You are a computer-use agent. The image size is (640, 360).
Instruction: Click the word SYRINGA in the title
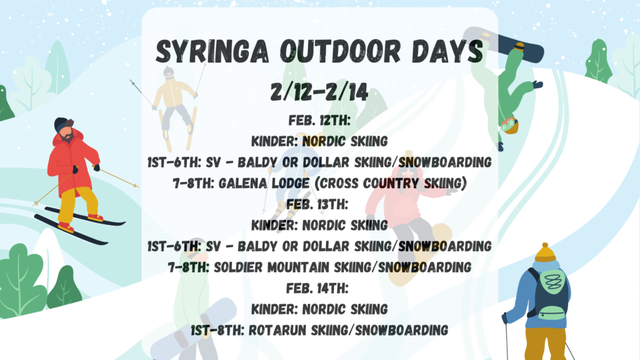[x=212, y=52]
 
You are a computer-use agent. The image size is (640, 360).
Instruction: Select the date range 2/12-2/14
[x=319, y=92]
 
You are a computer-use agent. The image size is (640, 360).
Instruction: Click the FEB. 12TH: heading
[x=319, y=121]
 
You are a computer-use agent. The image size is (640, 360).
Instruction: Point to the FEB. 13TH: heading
[x=317, y=204]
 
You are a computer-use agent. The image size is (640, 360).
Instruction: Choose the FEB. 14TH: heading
[x=317, y=288]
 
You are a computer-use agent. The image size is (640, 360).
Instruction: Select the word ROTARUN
[x=278, y=330]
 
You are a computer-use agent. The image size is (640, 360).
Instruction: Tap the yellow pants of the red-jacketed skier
[x=77, y=205]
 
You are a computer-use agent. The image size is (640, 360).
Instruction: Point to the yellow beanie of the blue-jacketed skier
[x=546, y=252]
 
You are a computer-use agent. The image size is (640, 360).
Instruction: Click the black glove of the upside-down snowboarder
[x=537, y=85]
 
